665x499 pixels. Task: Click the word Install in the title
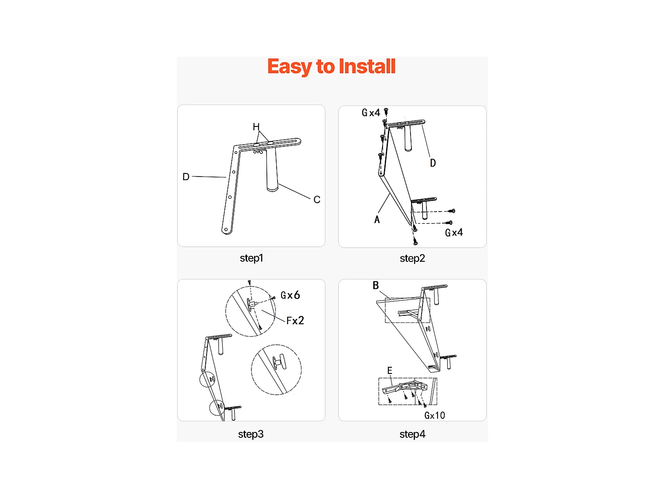coord(367,67)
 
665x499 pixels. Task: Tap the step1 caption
coord(251,258)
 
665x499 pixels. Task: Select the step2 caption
coord(412,259)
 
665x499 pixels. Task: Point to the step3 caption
coord(251,434)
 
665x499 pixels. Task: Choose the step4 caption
coord(412,434)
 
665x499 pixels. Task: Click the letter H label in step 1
coord(256,127)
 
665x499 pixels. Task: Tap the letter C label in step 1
coord(317,200)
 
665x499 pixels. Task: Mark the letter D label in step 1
coord(186,177)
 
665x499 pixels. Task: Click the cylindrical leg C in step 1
coord(271,171)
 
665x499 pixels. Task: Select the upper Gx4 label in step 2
coord(371,113)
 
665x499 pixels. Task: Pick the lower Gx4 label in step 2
coord(454,233)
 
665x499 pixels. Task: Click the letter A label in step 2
coord(377,220)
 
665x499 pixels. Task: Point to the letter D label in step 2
coord(433,163)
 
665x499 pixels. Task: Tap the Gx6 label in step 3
coord(290,295)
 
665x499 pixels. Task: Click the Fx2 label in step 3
coord(295,321)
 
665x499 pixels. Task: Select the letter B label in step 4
coord(376,286)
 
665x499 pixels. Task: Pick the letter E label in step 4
coord(390,371)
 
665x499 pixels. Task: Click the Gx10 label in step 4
coord(434,416)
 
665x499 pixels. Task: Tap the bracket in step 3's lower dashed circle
coord(279,362)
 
